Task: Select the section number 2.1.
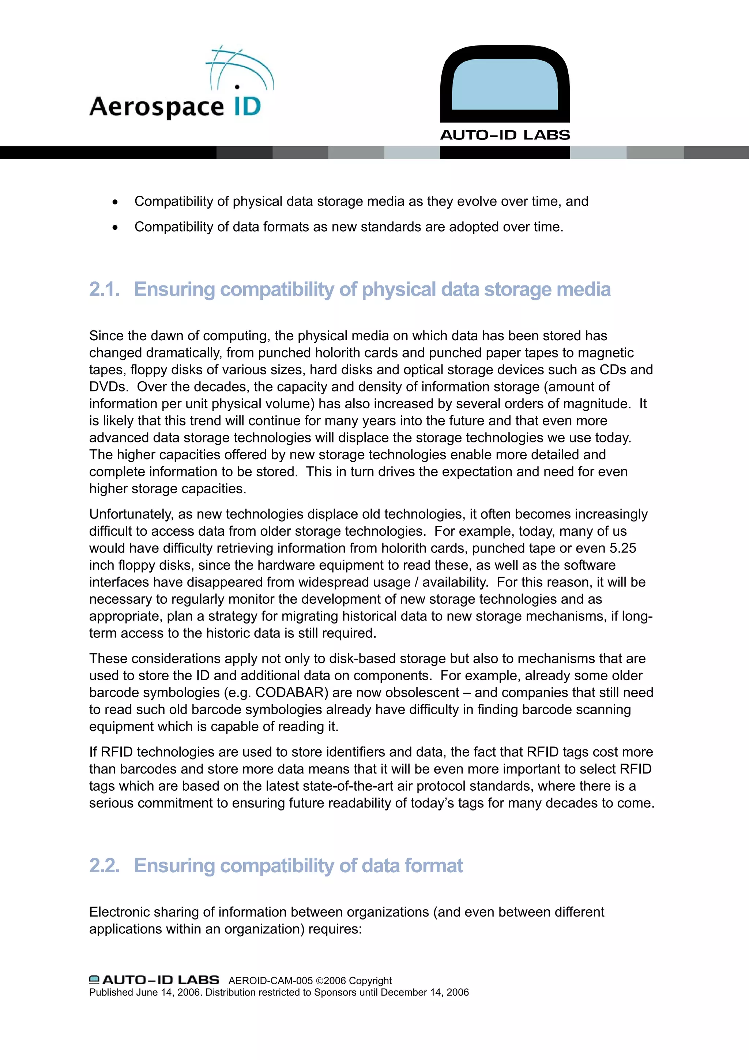pos(104,289)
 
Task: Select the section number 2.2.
pos(104,865)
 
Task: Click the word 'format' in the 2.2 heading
pos(434,865)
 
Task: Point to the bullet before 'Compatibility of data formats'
pos(115,228)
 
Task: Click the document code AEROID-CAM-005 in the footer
pos(270,981)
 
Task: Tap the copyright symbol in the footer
pos(319,981)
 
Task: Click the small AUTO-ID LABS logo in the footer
pos(154,980)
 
